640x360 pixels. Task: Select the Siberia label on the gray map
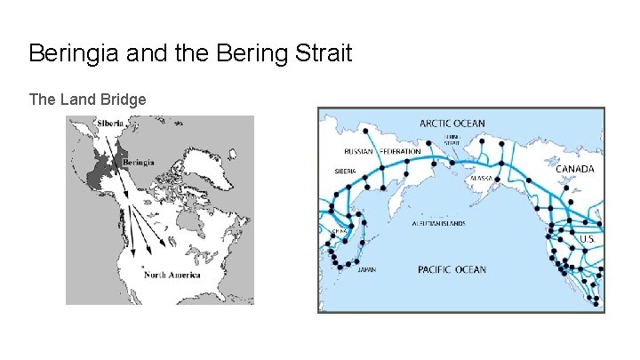click(112, 124)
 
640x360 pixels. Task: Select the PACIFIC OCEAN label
click(452, 269)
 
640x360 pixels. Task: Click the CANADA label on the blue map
click(576, 168)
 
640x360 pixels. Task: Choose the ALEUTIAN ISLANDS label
click(438, 224)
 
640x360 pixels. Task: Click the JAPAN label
click(366, 269)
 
